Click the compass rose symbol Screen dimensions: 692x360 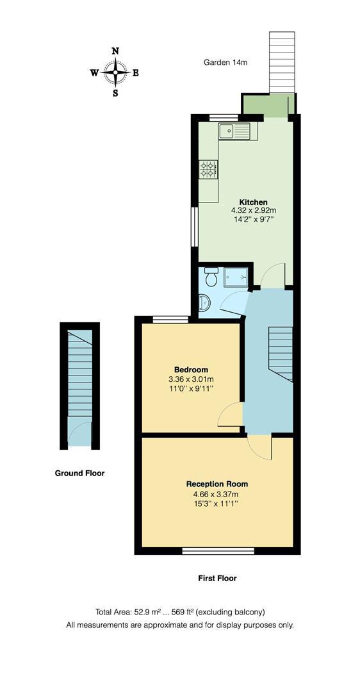(115, 72)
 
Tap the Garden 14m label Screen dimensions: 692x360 (225, 62)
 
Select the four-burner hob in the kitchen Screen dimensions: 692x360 (208, 169)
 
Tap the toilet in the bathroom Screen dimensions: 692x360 (211, 277)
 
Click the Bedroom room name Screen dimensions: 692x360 (191, 370)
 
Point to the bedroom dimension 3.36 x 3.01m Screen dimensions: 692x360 (191, 379)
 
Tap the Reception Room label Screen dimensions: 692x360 (217, 484)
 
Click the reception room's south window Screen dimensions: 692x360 (218, 550)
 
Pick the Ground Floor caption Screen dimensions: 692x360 (79, 474)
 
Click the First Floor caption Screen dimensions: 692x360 (217, 578)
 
